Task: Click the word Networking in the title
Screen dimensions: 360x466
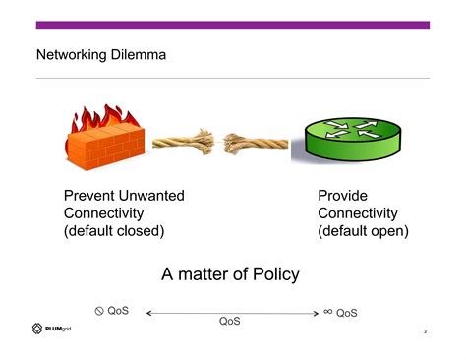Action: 72,55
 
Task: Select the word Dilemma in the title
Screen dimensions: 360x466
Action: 139,55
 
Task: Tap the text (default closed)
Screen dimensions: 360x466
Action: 114,231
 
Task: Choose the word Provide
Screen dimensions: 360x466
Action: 342,196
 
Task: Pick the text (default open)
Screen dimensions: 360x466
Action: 363,231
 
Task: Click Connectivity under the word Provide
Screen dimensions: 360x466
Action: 357,213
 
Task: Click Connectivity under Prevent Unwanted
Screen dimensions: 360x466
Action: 103,213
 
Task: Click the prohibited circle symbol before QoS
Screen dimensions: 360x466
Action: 99,311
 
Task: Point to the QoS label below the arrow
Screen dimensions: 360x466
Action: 230,322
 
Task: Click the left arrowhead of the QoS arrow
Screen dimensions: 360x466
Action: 148,313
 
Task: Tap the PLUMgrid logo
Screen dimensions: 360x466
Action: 52,329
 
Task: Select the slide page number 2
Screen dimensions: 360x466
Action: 425,331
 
